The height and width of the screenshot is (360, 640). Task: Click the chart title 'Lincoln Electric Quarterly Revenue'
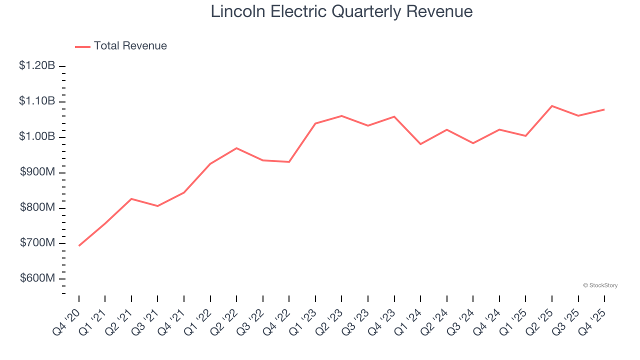(x=341, y=11)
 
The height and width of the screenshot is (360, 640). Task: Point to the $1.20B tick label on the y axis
(x=37, y=65)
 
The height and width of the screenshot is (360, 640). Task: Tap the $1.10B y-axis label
(x=37, y=101)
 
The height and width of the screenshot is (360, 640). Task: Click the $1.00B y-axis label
(x=37, y=136)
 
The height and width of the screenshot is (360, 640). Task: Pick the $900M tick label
(x=37, y=172)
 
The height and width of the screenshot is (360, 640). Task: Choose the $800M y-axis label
(x=37, y=207)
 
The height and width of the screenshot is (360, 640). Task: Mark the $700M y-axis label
(x=37, y=243)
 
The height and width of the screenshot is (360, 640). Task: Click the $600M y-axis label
(x=37, y=278)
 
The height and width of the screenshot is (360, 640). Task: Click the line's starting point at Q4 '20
(x=79, y=245)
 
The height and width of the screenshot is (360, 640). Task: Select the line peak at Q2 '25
(x=552, y=106)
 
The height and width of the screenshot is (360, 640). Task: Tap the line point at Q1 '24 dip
(x=420, y=144)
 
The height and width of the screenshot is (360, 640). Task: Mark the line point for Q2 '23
(x=341, y=116)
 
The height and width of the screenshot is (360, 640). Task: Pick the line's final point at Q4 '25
(x=604, y=109)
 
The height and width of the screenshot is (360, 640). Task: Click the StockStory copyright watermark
(x=600, y=285)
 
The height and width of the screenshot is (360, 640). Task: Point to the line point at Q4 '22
(x=289, y=162)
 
